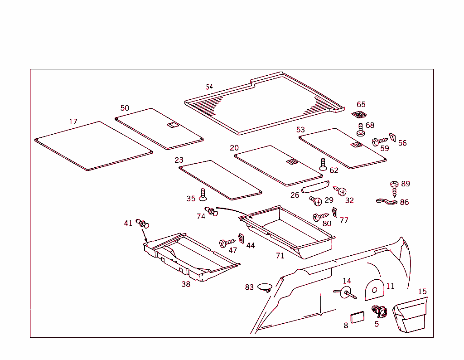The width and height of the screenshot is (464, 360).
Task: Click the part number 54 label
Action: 209,87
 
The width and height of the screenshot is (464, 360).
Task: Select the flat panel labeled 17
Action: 93,146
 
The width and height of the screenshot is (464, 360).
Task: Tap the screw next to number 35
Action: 203,195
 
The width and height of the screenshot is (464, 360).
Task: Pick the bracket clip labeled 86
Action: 387,201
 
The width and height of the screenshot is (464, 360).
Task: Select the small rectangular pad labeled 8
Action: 357,316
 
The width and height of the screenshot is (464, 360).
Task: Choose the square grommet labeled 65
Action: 358,115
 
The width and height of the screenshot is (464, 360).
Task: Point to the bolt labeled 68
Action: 361,129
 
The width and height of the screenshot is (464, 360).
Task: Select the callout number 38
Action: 186,284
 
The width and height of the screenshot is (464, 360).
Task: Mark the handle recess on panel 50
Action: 172,125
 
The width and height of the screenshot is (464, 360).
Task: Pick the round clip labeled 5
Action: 378,311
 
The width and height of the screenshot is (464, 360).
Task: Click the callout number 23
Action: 179,160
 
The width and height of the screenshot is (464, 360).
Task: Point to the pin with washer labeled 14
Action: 347,292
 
